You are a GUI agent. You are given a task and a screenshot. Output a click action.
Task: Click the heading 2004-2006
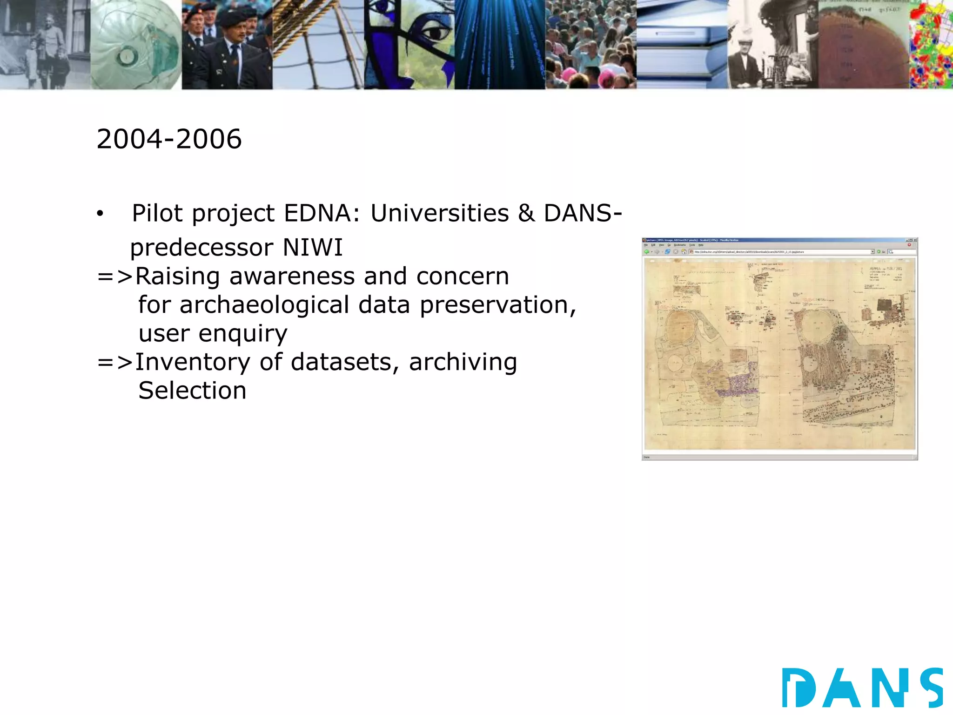[x=169, y=139]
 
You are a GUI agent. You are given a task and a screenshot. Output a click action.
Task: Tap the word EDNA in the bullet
[x=322, y=214]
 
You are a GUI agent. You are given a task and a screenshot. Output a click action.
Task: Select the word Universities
[x=439, y=214]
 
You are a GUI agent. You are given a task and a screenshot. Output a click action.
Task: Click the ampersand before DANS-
[x=526, y=214]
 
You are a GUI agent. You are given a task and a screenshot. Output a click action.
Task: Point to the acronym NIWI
[x=313, y=247]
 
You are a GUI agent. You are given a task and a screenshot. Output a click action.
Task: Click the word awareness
[x=293, y=276]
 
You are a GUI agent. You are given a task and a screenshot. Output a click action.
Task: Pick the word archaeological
[x=264, y=305]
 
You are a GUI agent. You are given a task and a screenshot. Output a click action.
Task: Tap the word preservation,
[x=498, y=306]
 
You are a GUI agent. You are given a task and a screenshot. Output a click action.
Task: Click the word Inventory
[x=193, y=362]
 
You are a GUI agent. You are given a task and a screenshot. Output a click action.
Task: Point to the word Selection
[x=192, y=391]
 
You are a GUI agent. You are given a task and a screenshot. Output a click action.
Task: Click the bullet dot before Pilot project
[x=100, y=214]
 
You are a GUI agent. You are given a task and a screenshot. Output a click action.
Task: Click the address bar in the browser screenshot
[x=782, y=252]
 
